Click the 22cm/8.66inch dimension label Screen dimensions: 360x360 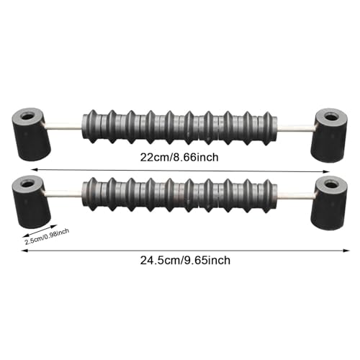point(179,158)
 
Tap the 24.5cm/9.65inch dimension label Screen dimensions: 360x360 point(185,260)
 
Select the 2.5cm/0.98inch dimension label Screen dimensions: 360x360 point(47,237)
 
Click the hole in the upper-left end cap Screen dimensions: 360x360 point(28,117)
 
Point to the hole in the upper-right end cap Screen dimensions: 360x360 point(331,117)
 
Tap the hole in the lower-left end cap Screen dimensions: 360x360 point(28,184)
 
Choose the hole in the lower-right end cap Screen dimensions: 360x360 point(331,185)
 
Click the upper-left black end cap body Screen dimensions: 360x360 point(31,135)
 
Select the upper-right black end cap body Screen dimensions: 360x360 point(329,135)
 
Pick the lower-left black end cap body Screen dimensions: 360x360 point(31,202)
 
